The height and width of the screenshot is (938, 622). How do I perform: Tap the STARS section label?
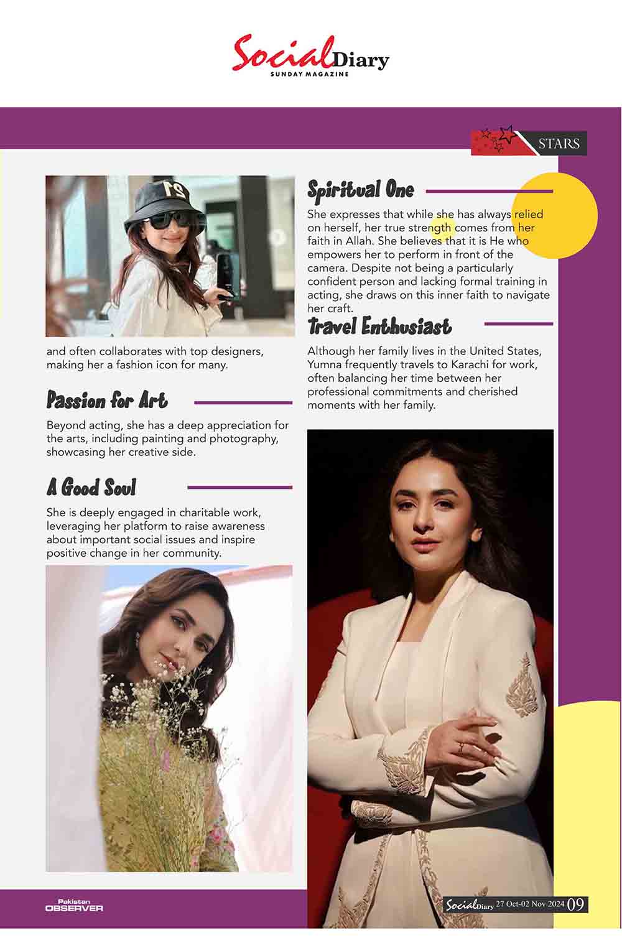(x=558, y=144)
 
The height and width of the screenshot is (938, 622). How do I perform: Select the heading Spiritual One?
(x=361, y=190)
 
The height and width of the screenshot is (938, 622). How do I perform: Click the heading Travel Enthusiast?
(x=379, y=326)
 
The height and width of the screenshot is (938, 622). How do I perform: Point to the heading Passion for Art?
(x=107, y=401)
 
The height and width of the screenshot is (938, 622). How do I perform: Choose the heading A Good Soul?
(x=91, y=487)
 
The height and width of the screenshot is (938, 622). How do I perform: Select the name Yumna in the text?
(x=325, y=365)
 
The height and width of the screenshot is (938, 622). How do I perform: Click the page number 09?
(x=575, y=904)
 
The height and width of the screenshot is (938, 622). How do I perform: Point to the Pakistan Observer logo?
(x=74, y=906)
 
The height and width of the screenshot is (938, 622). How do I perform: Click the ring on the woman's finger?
(x=460, y=747)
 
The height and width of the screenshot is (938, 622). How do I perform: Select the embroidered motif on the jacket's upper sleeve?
(x=520, y=688)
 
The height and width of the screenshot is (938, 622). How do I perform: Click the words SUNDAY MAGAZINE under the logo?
(x=309, y=75)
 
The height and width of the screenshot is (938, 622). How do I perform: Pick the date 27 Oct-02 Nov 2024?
(x=529, y=904)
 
